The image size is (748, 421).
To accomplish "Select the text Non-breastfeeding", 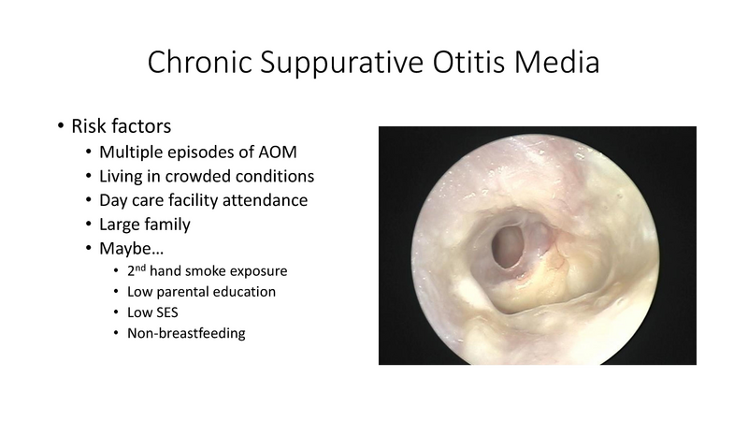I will [x=186, y=334].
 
